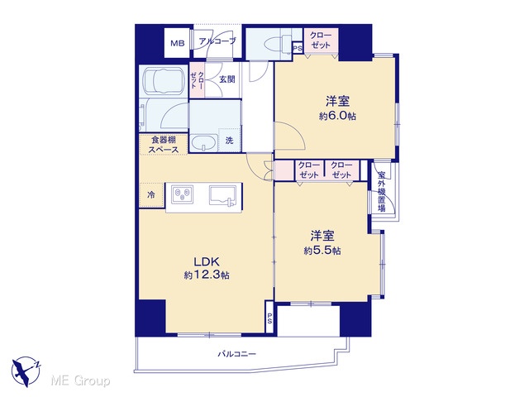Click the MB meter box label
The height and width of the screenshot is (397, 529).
177,43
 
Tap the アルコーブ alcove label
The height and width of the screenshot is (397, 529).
217,41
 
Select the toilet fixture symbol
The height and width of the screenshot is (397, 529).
275,44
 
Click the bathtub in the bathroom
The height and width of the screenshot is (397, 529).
164,81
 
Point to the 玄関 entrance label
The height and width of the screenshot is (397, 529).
227,79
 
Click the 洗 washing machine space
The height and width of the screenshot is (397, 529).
230,140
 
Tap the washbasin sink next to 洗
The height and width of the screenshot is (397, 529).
204,143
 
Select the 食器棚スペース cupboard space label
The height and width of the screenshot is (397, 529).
164,145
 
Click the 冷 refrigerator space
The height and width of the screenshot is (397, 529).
151,195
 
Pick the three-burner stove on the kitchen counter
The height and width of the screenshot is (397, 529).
182,194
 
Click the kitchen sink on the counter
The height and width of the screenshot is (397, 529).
222,195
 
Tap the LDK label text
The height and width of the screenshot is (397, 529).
207,261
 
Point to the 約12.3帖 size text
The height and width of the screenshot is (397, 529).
207,275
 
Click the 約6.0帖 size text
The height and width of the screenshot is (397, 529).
337,116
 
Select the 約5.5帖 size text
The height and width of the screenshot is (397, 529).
322,251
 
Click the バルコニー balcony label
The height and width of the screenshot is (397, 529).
237,354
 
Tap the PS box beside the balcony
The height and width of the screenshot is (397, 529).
269,318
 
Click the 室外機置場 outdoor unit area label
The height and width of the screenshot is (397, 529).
382,191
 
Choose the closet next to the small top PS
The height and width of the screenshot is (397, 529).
321,41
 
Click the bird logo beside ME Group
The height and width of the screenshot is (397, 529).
26,371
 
